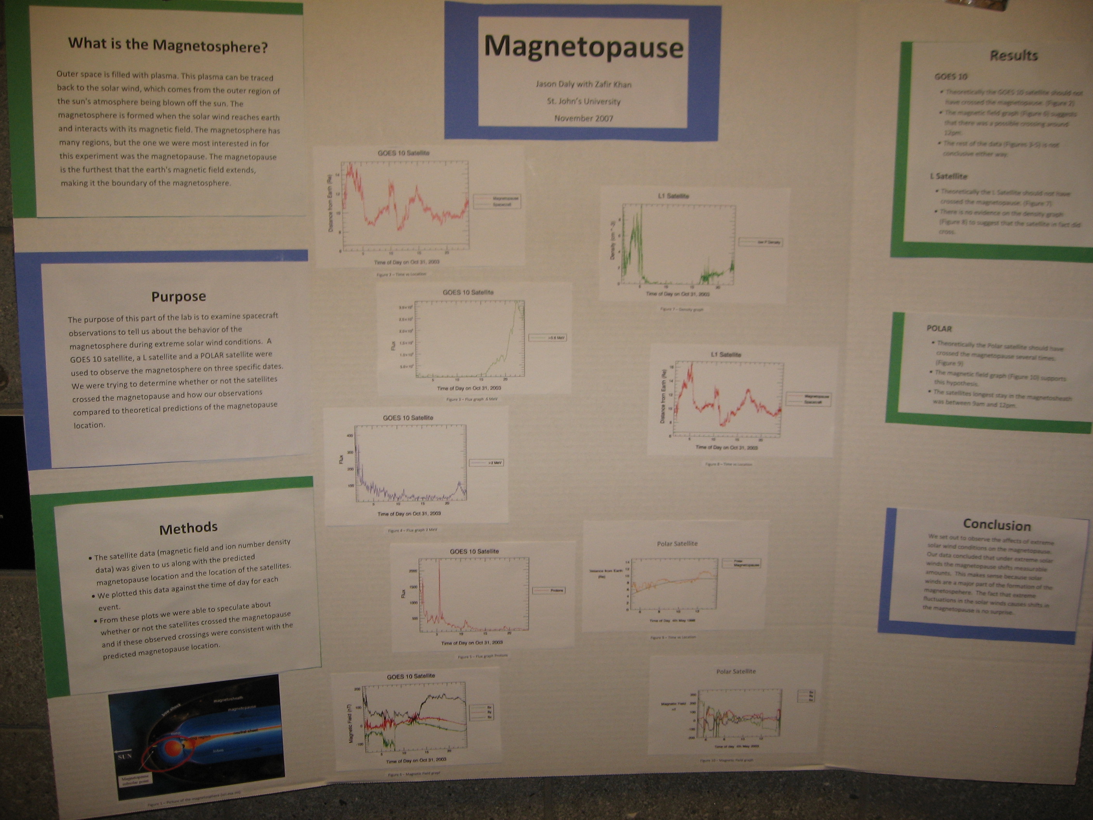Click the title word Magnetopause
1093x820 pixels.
583,47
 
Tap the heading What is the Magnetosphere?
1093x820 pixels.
168,45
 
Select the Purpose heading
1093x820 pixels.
179,297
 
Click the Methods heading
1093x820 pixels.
188,528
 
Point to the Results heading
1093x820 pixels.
1013,56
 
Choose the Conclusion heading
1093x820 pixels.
997,525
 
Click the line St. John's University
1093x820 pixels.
583,101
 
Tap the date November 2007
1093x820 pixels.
583,118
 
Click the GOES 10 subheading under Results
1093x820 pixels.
951,76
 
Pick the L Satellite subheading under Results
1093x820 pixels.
948,176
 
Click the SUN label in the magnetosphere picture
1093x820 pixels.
125,756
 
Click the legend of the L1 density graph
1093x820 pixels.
760,242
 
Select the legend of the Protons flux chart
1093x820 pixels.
548,590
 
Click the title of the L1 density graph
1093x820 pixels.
673,196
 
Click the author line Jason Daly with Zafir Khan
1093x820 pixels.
583,84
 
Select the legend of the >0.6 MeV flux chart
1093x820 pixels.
548,337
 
